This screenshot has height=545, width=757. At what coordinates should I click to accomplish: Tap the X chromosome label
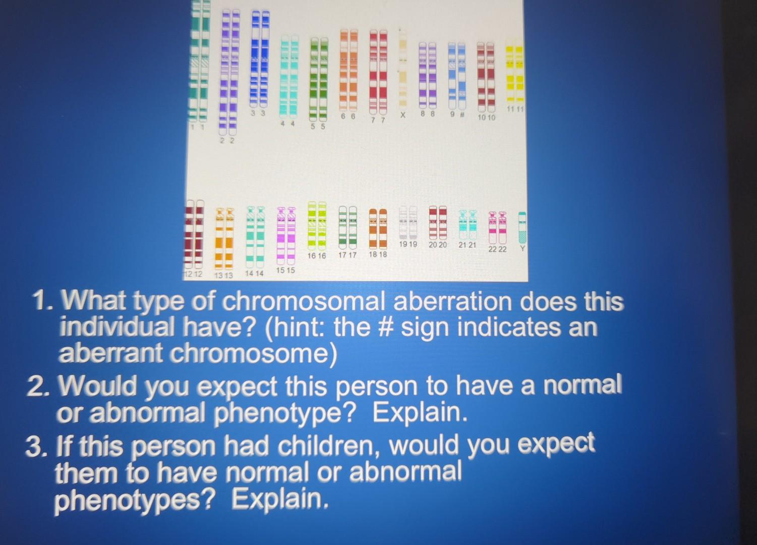click(403, 116)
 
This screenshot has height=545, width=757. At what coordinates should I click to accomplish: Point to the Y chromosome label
click(522, 248)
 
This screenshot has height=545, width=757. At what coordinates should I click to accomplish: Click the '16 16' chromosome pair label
click(317, 256)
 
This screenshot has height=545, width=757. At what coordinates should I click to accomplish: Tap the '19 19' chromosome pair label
click(408, 244)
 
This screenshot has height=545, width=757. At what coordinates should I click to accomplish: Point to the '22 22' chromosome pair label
click(498, 249)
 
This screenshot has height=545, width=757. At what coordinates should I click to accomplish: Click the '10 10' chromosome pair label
click(488, 118)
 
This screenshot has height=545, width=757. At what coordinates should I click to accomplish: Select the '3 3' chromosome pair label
click(259, 114)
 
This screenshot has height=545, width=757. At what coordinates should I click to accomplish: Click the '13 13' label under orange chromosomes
click(224, 276)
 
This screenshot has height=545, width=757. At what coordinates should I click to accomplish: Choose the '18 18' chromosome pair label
click(378, 255)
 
